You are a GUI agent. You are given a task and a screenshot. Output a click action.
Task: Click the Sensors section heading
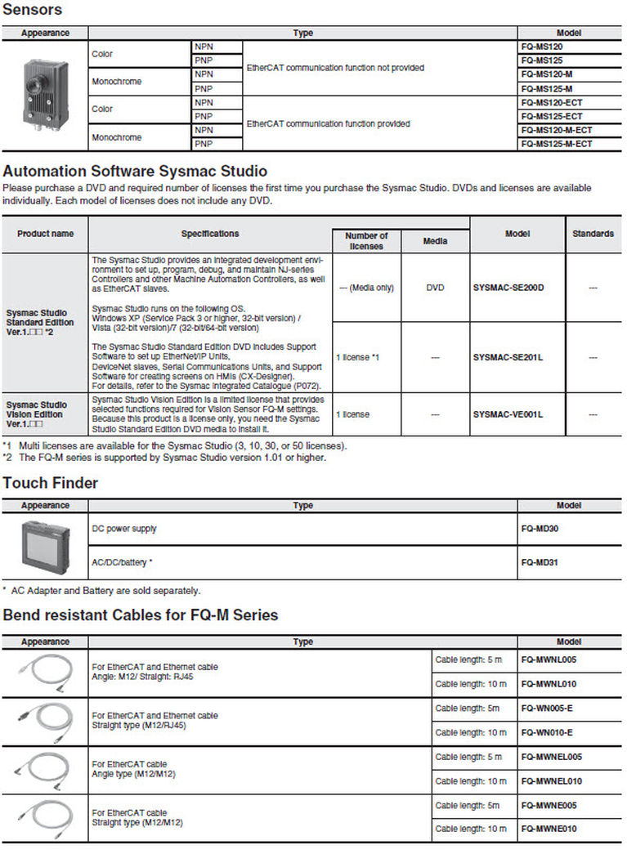click(x=33, y=10)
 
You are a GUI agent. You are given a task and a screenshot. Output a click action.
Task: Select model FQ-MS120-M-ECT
click(x=556, y=130)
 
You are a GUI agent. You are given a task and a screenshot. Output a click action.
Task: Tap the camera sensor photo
click(x=44, y=96)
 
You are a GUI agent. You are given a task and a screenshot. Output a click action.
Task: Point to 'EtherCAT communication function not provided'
click(x=335, y=68)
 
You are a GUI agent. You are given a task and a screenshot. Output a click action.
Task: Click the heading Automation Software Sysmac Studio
click(x=135, y=172)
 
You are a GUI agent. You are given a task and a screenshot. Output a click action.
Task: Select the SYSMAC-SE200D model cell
click(x=508, y=288)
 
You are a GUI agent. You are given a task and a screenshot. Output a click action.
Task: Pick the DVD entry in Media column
click(x=435, y=288)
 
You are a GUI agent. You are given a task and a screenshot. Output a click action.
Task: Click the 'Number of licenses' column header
click(x=366, y=241)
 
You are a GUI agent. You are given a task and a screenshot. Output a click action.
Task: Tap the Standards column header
click(x=593, y=234)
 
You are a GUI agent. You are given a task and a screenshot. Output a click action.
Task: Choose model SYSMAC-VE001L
click(x=508, y=414)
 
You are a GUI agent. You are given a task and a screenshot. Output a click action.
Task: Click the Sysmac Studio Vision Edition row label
click(x=37, y=414)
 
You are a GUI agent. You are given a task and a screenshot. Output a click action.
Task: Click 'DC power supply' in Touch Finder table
click(x=124, y=529)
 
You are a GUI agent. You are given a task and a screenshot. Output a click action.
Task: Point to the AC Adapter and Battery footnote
click(x=102, y=590)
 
